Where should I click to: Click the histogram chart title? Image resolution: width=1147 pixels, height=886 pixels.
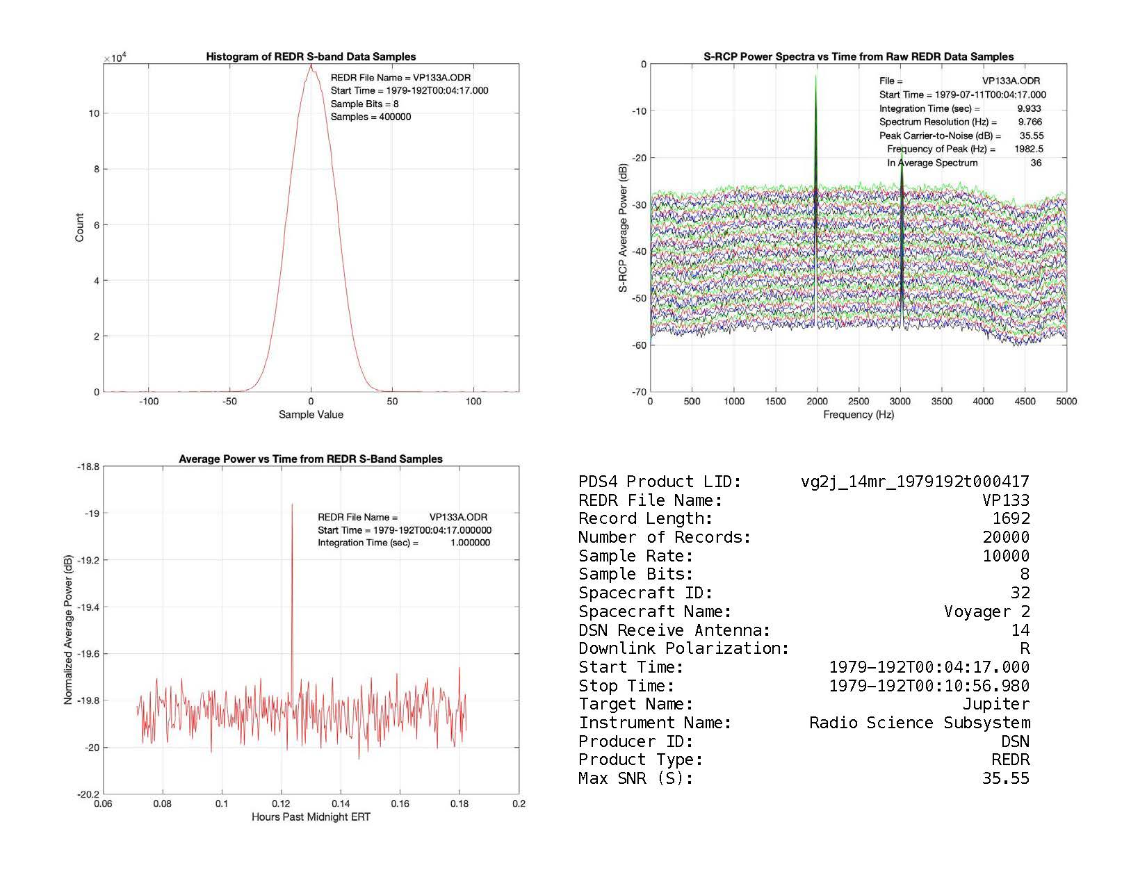pos(311,56)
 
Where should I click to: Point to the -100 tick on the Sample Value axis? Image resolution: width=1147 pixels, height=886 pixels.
pos(149,401)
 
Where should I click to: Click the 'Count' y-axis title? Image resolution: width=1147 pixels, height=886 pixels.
pos(79,228)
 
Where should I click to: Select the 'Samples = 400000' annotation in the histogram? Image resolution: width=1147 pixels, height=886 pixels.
pos(371,117)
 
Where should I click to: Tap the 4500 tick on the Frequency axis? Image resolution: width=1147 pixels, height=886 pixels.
pos(1025,401)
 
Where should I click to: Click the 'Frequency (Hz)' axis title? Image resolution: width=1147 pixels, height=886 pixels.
pos(859,414)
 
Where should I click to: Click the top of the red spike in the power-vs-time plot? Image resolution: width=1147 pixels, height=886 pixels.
pos(292,505)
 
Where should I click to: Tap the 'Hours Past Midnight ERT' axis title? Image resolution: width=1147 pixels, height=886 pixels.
pos(311,817)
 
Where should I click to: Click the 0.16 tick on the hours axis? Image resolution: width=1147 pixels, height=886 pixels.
pos(400,804)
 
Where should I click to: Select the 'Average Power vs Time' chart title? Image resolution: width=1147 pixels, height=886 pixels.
pos(311,459)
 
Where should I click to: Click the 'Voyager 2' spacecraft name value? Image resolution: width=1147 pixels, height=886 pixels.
pos(986,612)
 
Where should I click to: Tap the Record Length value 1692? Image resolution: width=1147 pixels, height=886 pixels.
pos(1011,518)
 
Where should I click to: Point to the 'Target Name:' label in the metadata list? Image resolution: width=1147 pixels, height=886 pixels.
pos(636,704)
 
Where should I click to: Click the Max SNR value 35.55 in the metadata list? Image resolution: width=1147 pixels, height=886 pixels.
pos(1005,778)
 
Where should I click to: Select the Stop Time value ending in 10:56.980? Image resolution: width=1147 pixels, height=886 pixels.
pos(929,686)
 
